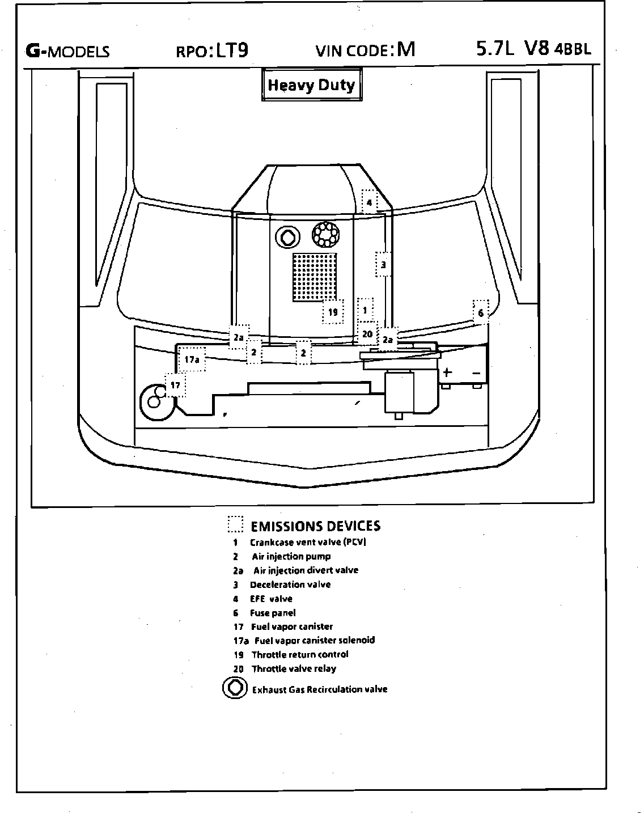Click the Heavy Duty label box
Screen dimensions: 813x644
(311, 86)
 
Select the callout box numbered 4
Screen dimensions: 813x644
(368, 202)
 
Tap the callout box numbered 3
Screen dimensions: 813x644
(383, 264)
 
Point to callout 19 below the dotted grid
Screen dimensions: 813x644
(333, 312)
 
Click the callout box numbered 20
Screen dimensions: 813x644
(367, 334)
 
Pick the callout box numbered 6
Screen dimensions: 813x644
(481, 312)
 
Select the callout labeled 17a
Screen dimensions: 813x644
(192, 359)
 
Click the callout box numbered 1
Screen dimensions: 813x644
(365, 310)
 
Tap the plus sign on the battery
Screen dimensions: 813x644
(447, 372)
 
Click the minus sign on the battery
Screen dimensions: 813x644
(477, 372)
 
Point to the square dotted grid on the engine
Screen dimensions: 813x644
(315, 277)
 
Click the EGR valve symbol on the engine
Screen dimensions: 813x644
(287, 236)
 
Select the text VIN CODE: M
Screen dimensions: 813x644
(365, 50)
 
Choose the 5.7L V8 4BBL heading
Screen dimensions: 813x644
(533, 49)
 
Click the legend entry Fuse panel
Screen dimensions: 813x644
(272, 613)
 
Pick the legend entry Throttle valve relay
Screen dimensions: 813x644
(294, 668)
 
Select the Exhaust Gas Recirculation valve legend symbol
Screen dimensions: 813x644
(233, 688)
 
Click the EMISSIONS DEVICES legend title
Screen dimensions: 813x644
(315, 526)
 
